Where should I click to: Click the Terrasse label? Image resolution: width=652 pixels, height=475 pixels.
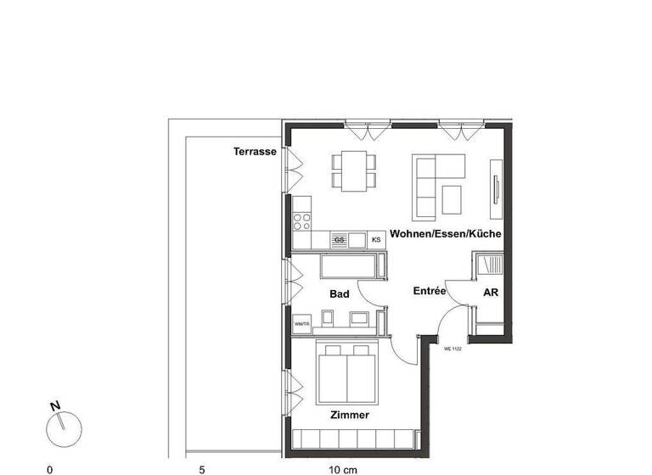pos(255,152)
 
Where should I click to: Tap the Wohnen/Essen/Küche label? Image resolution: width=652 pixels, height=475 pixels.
pos(445,233)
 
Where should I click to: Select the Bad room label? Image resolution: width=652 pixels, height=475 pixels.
pos(340,293)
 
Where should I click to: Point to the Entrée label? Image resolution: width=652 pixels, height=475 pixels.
pos(430,291)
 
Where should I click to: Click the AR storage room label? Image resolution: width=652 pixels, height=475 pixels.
pos(491,293)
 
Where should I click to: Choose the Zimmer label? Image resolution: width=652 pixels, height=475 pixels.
pos(350,416)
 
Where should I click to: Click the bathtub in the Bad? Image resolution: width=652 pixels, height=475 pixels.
pos(349,269)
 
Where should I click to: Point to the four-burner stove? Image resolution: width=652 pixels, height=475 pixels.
pos(301,222)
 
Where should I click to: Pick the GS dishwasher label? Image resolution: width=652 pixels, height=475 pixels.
pos(340,241)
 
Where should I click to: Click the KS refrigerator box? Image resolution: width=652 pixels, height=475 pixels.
pos(376,241)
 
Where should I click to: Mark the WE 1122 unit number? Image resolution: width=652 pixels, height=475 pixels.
pos(452,348)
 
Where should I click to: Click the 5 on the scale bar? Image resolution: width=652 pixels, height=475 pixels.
pos(201,468)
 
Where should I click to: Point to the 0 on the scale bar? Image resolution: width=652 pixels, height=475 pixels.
pos(49,468)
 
